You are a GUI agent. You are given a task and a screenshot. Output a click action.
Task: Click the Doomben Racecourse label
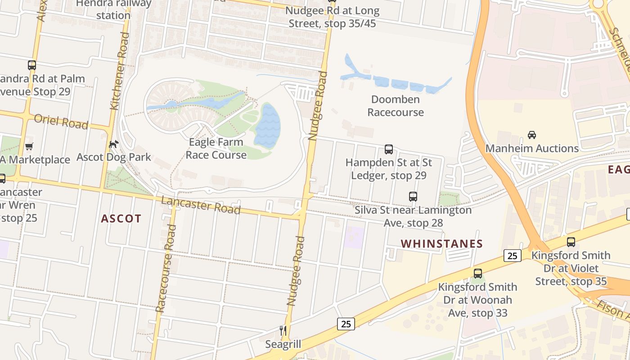tap(396, 106)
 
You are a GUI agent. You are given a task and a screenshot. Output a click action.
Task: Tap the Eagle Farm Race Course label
tap(216, 148)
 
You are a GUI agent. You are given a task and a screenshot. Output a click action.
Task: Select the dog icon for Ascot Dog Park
tap(114, 144)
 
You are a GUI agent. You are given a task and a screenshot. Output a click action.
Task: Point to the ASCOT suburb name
tap(121, 219)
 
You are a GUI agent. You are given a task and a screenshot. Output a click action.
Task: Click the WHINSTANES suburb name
tap(441, 244)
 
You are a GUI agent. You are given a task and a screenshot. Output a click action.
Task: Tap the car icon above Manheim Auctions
tap(531, 135)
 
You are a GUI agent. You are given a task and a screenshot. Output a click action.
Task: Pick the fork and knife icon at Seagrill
tap(283, 331)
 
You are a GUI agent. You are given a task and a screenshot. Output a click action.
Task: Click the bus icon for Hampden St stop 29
tap(389, 149)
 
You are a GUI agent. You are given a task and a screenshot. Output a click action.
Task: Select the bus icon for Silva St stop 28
tap(413, 197)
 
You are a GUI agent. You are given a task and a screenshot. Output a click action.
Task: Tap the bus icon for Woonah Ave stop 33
tap(477, 273)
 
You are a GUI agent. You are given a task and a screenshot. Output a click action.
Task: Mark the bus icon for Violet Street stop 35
tap(571, 242)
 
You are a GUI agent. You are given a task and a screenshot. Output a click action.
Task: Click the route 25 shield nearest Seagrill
tap(345, 324)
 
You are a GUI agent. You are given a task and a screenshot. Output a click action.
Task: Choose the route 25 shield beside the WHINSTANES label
tap(512, 256)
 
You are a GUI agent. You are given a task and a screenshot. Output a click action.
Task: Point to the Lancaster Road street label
tap(201, 205)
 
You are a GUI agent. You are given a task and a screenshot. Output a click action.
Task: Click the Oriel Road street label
tap(61, 121)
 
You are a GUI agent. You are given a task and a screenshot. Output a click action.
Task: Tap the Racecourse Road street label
tap(165, 268)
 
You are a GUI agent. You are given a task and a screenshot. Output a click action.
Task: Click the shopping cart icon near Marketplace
tap(29, 146)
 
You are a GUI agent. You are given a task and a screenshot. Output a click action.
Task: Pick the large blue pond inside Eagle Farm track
tap(267, 126)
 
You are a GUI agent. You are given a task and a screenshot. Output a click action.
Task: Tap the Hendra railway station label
tap(113, 9)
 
